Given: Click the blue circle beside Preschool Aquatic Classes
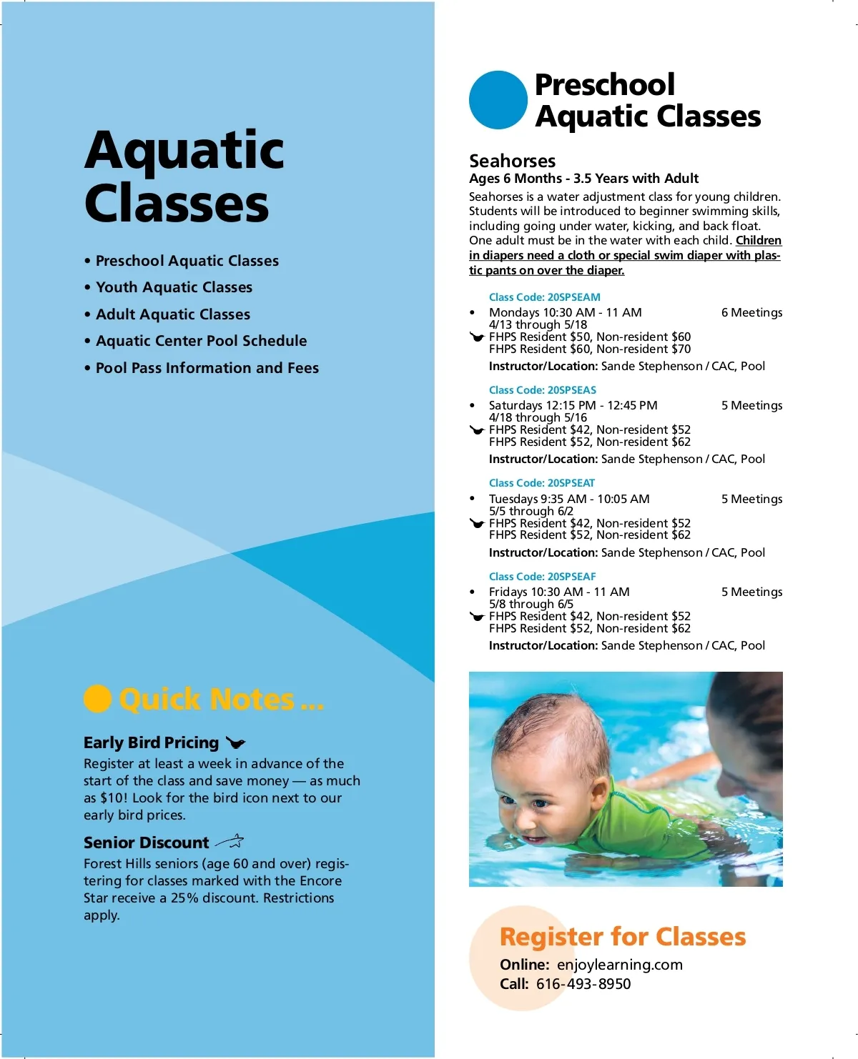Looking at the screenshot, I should tap(498, 100).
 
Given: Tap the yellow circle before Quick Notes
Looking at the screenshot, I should tap(97, 699).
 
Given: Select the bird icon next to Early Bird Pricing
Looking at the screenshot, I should tap(235, 743).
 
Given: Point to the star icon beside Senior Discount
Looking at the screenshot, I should tap(230, 841).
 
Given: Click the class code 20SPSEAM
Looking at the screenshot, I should tap(545, 297).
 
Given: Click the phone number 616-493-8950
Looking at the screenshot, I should tap(583, 984).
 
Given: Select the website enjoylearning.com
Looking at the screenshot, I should tap(620, 965).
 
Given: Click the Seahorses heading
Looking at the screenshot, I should tap(512, 161).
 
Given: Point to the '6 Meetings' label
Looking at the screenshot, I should tap(751, 312).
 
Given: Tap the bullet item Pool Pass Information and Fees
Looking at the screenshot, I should tap(207, 368).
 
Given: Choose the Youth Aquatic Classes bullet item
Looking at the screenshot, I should tap(174, 287).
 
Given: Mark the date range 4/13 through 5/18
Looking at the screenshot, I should tap(538, 324).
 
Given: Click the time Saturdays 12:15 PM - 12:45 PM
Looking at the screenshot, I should tap(573, 405).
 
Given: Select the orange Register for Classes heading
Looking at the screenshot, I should tap(623, 936).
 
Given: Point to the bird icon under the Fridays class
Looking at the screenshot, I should tap(477, 616).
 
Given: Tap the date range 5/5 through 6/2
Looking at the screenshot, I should tap(531, 511).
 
